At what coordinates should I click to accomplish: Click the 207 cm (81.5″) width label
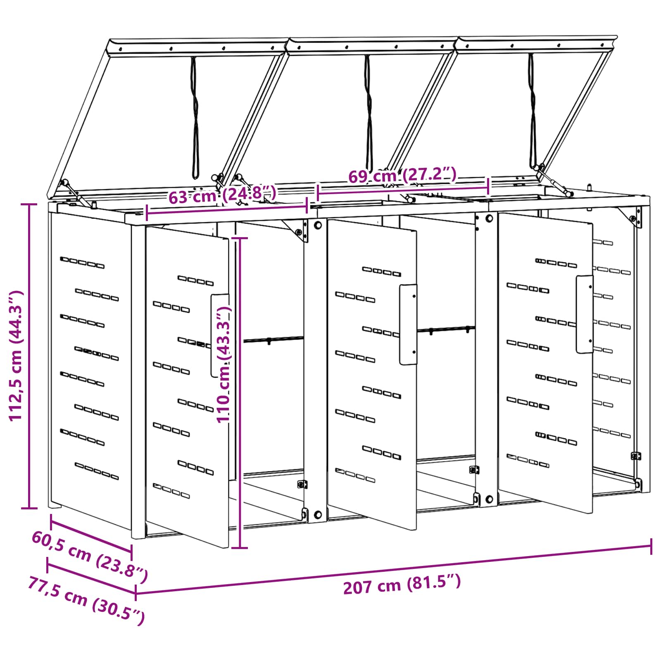[402, 584]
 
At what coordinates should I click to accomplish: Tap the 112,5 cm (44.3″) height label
[17, 356]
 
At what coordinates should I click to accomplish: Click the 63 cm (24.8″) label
[222, 195]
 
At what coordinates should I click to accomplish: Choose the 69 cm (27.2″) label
[402, 175]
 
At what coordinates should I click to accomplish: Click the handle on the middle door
[408, 324]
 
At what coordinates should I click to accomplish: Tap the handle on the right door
[585, 314]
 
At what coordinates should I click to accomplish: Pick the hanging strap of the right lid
[533, 112]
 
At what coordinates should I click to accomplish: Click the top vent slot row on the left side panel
[82, 262]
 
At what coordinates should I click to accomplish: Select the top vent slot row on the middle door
[382, 271]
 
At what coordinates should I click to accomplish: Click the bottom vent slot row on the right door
[528, 461]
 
